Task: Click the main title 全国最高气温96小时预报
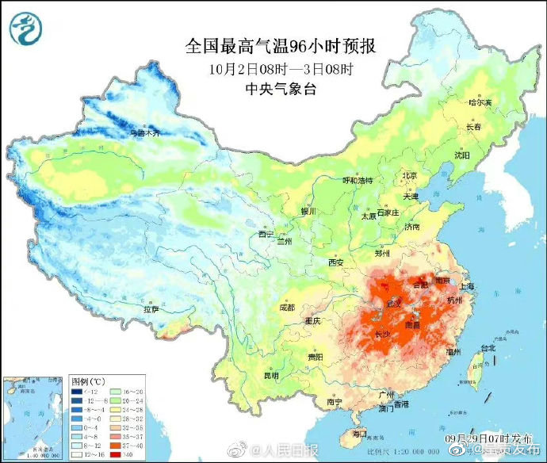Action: [x=281, y=46]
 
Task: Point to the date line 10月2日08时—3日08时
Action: [x=281, y=69]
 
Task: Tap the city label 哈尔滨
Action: [x=480, y=103]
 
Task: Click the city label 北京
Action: [x=409, y=176]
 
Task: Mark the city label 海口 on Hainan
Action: [x=359, y=434]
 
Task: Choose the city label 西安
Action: [x=336, y=262]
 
